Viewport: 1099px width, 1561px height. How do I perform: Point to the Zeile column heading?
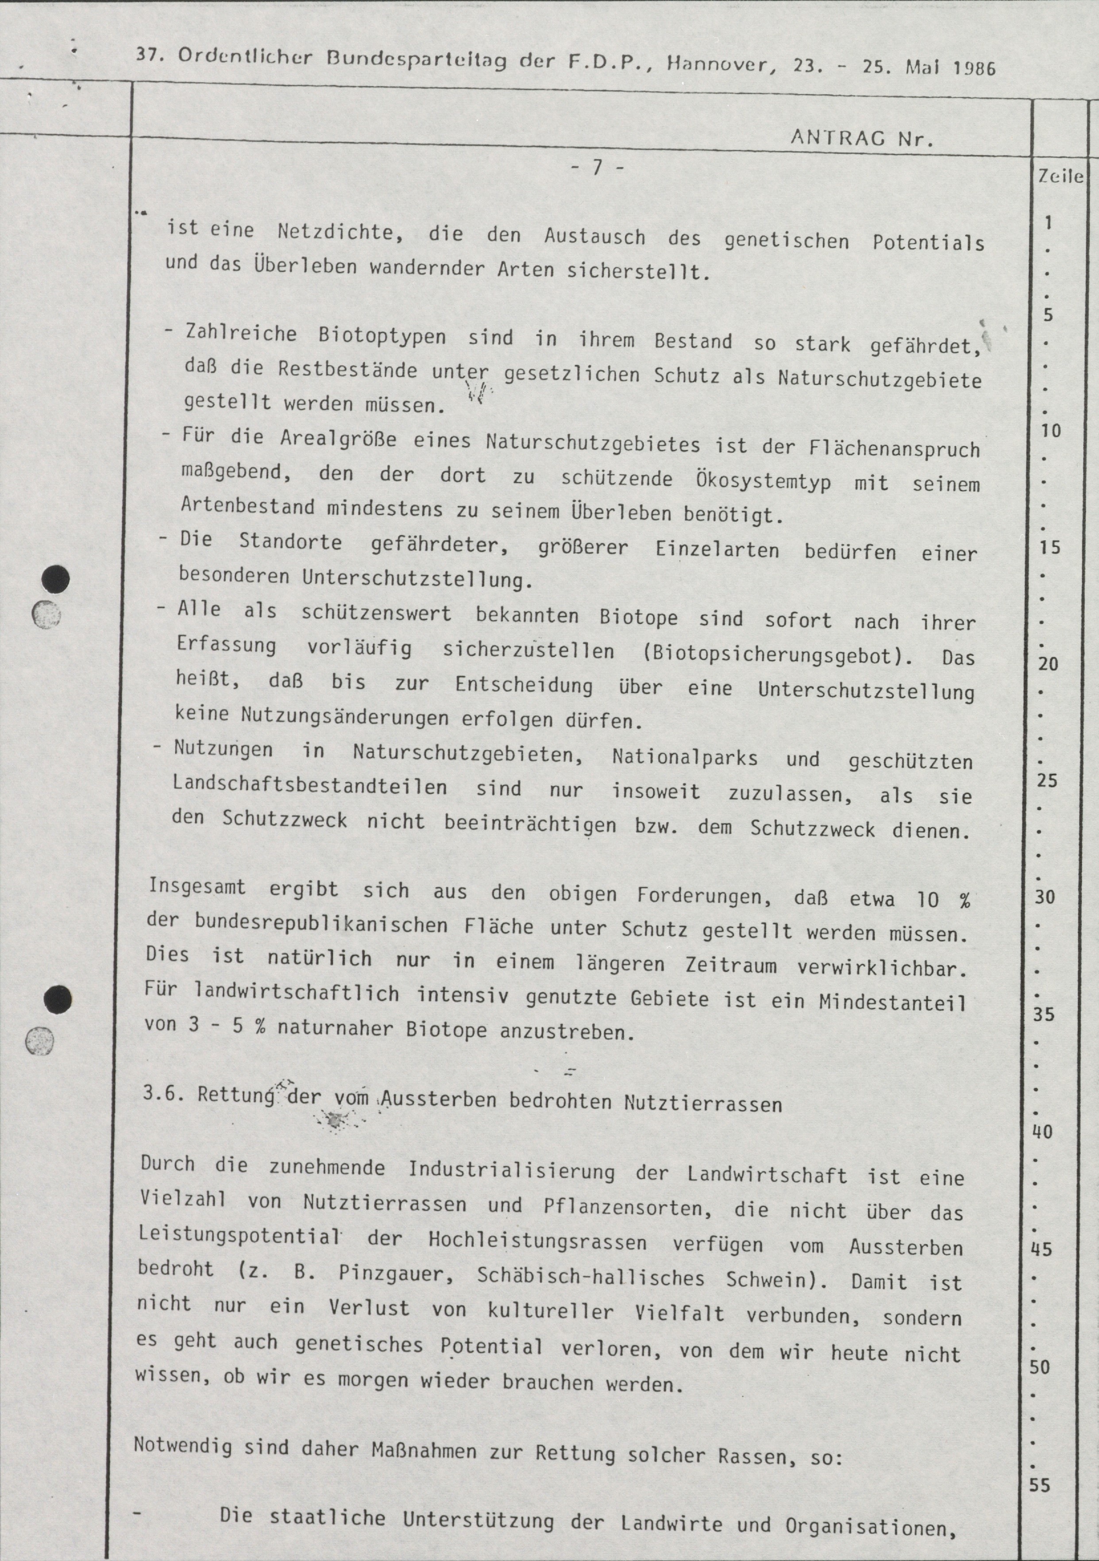click(1060, 177)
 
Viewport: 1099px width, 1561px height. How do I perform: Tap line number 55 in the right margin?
click(1039, 1486)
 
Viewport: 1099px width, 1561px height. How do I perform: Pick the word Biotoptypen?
click(382, 336)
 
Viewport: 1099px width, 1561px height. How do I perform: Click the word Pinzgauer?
click(396, 1273)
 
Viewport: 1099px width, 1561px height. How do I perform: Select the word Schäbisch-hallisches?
click(590, 1277)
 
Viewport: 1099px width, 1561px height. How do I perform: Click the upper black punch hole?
click(56, 579)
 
